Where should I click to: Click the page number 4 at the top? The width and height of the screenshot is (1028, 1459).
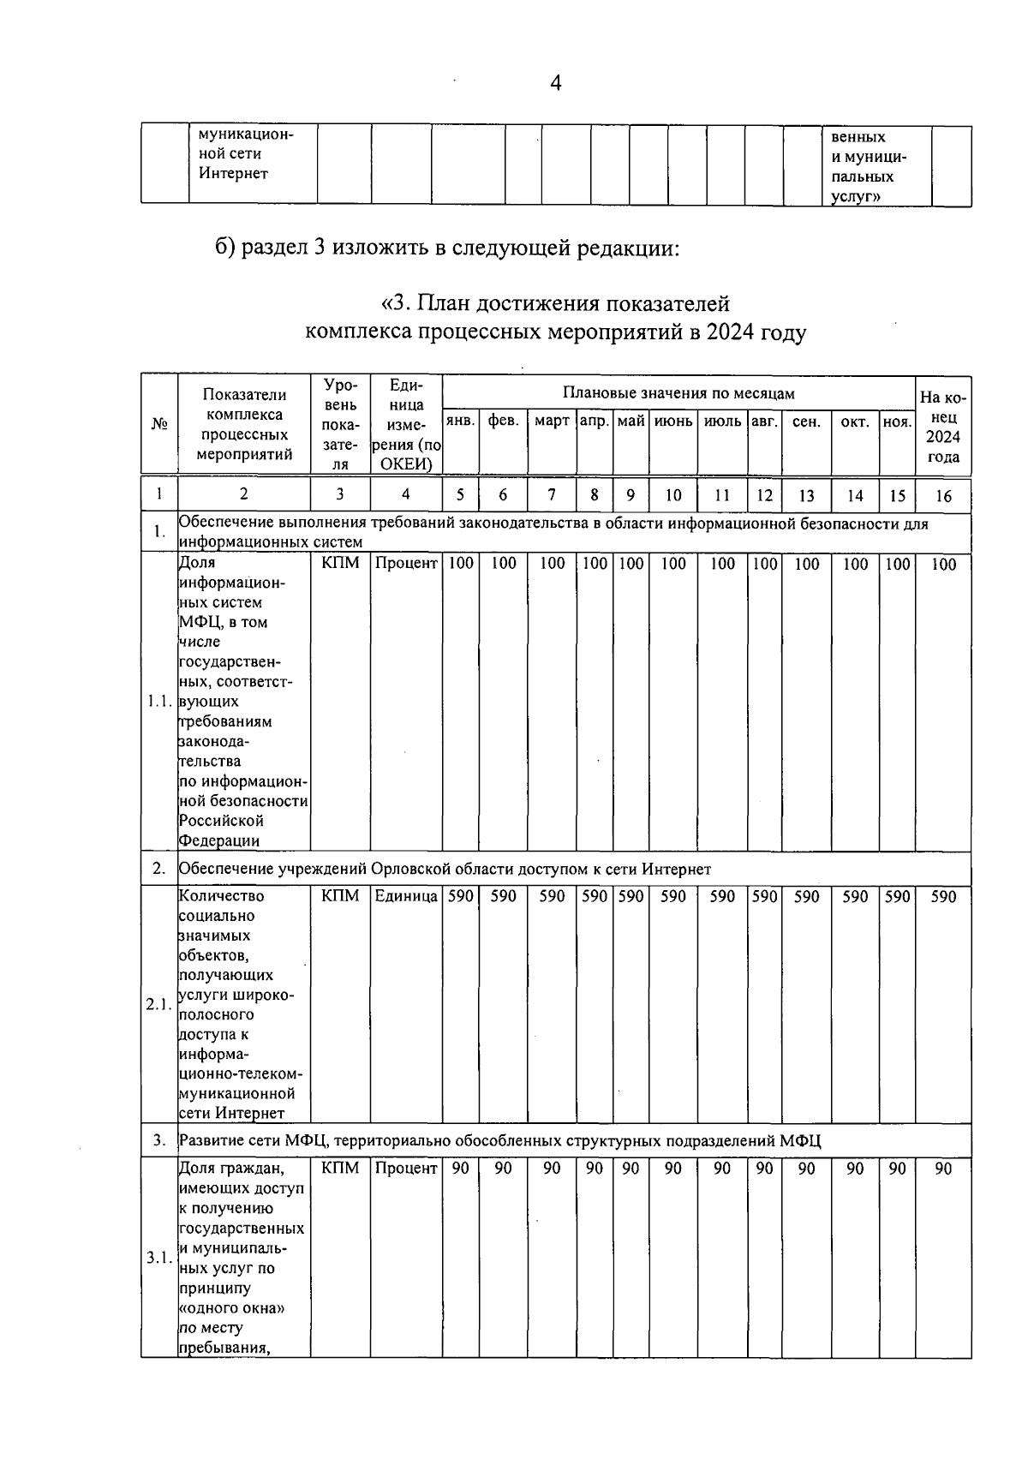point(556,83)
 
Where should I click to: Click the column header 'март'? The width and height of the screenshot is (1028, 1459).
point(552,422)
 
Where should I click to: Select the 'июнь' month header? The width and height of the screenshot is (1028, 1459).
point(673,422)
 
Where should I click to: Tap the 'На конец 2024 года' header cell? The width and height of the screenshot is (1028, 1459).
point(942,427)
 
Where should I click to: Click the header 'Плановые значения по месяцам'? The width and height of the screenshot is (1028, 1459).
point(678,393)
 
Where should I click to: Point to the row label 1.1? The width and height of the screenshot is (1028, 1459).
point(159,702)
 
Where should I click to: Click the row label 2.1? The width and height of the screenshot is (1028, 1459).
point(159,1004)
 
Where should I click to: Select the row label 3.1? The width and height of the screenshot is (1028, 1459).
point(159,1258)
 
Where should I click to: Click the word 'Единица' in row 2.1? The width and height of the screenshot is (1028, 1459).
point(406,896)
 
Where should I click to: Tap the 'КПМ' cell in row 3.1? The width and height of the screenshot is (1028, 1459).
point(340,1169)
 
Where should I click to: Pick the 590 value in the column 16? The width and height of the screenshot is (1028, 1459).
point(942,896)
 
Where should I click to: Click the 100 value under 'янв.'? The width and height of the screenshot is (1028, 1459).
point(460,564)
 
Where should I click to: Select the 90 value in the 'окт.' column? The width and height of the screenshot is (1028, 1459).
point(855,1169)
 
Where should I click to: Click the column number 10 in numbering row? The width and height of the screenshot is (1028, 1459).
point(673,495)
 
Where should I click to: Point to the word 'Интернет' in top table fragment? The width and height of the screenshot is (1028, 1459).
point(233,174)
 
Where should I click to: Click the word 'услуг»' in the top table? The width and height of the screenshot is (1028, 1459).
point(858,197)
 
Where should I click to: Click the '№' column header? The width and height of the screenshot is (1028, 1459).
point(159,425)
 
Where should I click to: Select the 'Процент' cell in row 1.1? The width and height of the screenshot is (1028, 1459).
point(406,564)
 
